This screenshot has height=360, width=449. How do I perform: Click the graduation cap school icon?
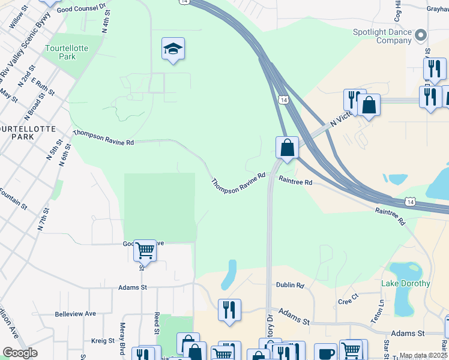pos(173,49)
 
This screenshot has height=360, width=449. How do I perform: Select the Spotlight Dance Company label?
pos(390,36)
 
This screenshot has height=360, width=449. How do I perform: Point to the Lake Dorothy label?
pos(406,283)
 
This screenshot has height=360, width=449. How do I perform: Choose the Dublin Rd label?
pos(290,286)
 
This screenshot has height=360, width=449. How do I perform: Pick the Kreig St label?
pos(103,341)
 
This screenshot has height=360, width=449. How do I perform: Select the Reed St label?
pos(157,322)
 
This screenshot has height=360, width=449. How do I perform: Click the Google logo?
pos(20,353)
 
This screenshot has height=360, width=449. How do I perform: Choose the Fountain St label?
pos(13,199)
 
